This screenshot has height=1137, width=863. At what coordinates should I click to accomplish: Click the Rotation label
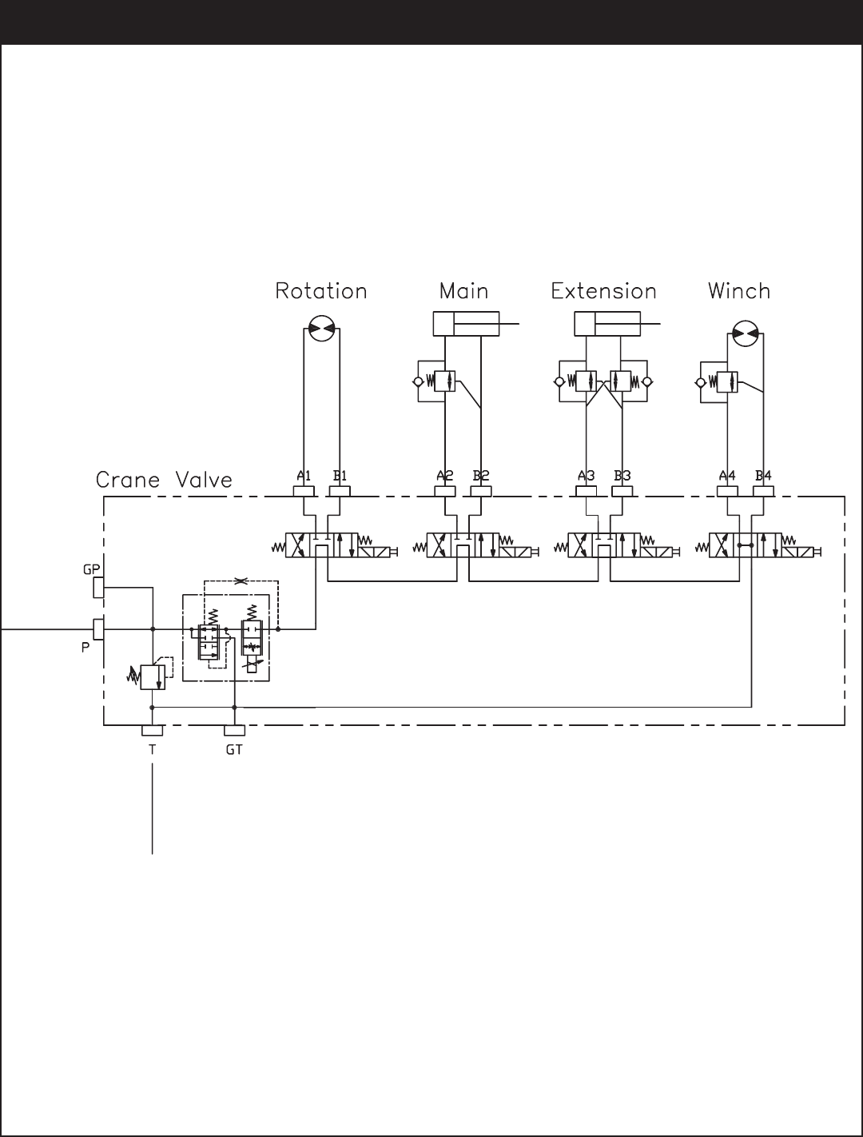click(320, 291)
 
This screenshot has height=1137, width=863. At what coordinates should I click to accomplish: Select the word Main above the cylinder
click(463, 291)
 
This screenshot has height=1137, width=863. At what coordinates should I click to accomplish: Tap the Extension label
click(603, 291)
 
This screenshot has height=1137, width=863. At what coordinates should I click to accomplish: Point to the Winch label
click(739, 291)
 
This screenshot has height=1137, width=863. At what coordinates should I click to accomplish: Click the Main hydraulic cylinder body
click(466, 325)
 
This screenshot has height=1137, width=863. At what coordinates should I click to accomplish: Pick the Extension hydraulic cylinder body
click(607, 325)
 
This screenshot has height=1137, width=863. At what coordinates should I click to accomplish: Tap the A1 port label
click(304, 476)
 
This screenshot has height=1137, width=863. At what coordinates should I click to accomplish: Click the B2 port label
click(480, 476)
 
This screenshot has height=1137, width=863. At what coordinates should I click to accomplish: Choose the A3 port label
click(587, 476)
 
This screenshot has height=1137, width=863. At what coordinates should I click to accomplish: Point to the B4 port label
click(763, 476)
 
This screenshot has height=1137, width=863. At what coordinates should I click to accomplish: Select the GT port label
click(234, 751)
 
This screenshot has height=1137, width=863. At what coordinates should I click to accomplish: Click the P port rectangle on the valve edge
click(98, 629)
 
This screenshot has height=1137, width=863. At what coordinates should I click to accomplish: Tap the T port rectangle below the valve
click(153, 731)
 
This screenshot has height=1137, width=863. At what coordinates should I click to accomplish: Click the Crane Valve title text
click(164, 481)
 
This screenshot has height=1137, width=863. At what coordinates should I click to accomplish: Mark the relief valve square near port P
click(152, 677)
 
